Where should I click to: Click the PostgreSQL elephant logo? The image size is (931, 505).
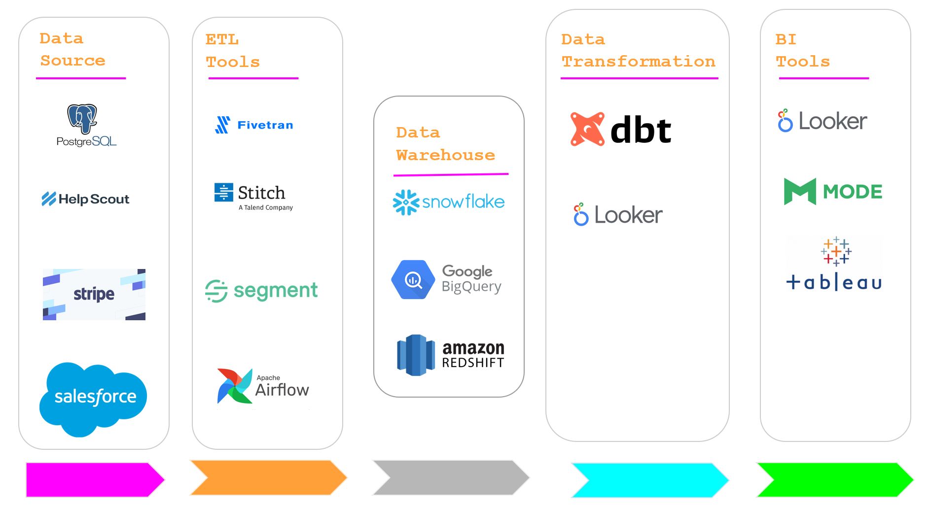click(x=82, y=118)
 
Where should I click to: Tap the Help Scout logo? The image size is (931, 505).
click(x=85, y=199)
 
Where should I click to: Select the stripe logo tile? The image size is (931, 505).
click(x=94, y=294)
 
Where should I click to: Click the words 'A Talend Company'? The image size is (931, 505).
click(x=265, y=207)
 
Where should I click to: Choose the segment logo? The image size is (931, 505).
click(x=261, y=291)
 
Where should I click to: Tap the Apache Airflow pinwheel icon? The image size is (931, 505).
click(x=234, y=386)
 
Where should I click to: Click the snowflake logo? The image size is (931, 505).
click(x=448, y=202)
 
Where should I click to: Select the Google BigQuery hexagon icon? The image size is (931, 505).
click(x=413, y=279)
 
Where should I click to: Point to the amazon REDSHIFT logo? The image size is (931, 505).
click(x=450, y=355)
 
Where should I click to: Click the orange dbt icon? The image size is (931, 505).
click(x=587, y=129)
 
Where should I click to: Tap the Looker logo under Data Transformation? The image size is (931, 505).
click(x=618, y=215)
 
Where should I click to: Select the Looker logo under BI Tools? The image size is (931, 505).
click(x=822, y=121)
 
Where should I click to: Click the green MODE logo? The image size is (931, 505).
click(x=833, y=191)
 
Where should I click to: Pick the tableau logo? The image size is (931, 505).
click(x=834, y=264)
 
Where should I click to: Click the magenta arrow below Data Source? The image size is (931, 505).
click(x=94, y=479)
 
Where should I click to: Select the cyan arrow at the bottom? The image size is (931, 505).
click(x=649, y=479)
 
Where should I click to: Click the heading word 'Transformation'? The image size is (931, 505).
click(x=638, y=62)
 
